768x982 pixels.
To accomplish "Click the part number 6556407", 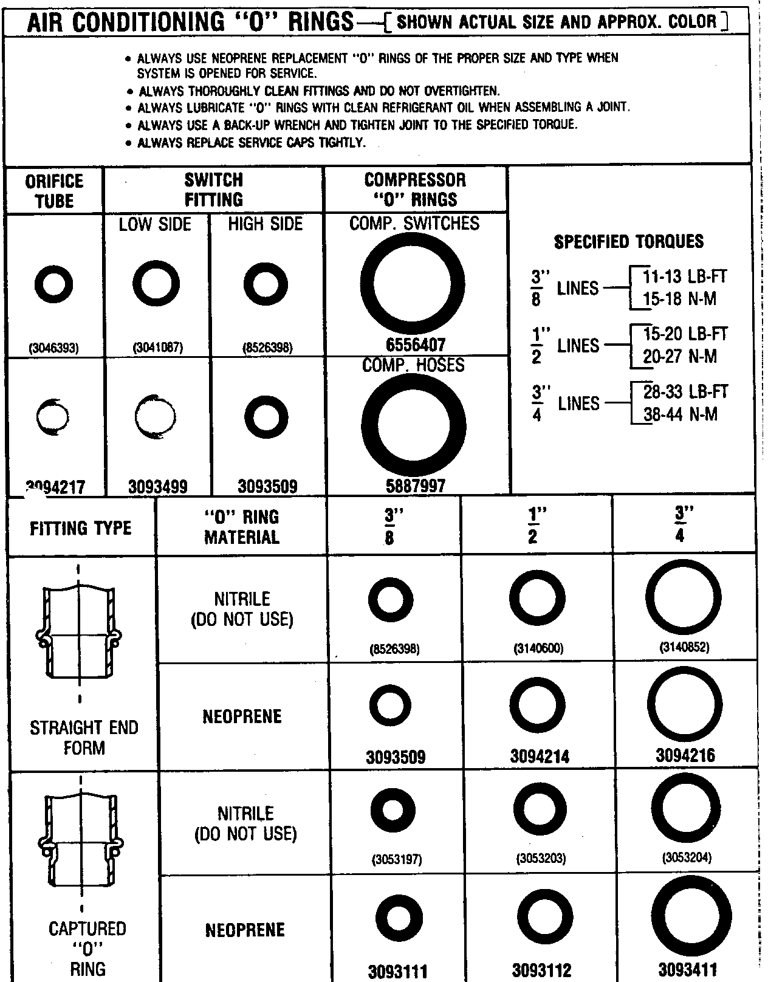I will pyautogui.click(x=416, y=345).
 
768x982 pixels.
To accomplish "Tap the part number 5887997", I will pyautogui.click(x=416, y=486).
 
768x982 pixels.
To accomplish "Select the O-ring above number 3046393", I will pyautogui.click(x=54, y=284).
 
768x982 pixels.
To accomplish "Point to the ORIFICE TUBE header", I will pyautogui.click(x=54, y=191).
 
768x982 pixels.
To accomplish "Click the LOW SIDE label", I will pyautogui.click(x=155, y=224).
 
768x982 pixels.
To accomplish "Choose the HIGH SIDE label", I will pyautogui.click(x=266, y=224).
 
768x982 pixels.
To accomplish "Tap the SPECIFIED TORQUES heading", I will pyautogui.click(x=628, y=242).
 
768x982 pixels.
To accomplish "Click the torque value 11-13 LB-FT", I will pyautogui.click(x=685, y=276).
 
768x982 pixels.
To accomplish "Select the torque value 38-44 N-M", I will pyautogui.click(x=681, y=414).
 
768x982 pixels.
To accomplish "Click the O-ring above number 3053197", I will pyautogui.click(x=393, y=811).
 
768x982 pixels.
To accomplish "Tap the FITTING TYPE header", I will pyautogui.click(x=81, y=527).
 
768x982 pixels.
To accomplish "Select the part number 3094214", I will pyautogui.click(x=540, y=757).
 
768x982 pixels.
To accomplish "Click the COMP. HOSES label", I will pyautogui.click(x=413, y=365).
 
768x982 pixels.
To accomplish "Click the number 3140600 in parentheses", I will pyautogui.click(x=538, y=649).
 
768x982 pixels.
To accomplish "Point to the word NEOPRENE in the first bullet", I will pyautogui.click(x=236, y=59).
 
